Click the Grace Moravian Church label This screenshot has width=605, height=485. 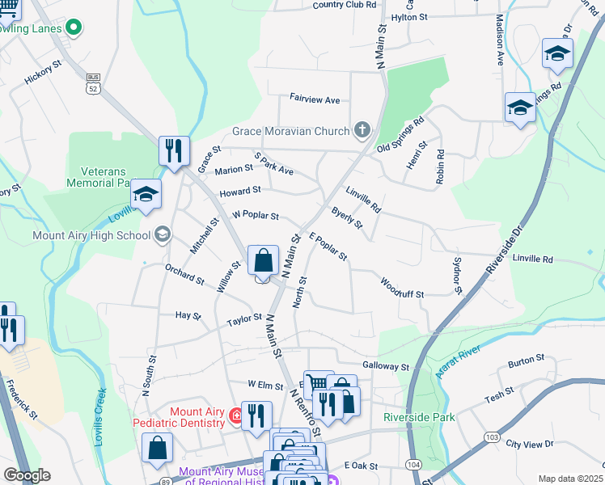pos(290,130)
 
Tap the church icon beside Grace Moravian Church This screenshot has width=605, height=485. pos(362,129)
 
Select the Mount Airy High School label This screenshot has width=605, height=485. pos(91,235)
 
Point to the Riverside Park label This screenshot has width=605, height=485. pos(419,417)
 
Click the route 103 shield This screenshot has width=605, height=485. pos(491,437)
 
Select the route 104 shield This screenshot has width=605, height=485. pos(413,465)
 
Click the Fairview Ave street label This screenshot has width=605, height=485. pos(315,99)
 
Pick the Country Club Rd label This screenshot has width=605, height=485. pos(345,5)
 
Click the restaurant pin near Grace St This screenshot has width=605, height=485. pos(174,151)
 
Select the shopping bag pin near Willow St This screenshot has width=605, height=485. pos(263,262)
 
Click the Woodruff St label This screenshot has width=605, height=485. pos(402,289)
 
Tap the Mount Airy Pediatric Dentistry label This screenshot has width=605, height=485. pos(197,417)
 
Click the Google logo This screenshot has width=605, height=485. pos(26,475)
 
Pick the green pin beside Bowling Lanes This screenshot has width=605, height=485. pos(74,28)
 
